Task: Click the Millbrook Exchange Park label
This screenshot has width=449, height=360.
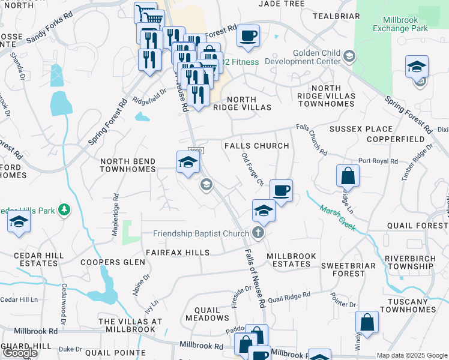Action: [400, 23]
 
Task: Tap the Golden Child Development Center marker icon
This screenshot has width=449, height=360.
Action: [350, 57]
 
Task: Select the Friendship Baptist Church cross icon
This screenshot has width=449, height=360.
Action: [259, 233]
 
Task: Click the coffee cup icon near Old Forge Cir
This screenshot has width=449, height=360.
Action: [281, 191]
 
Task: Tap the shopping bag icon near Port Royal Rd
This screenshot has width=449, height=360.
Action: [348, 176]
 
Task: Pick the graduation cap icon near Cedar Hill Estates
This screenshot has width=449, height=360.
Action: [19, 221]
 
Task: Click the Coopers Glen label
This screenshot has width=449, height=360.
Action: [113, 262]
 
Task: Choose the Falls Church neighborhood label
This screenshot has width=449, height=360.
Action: [256, 146]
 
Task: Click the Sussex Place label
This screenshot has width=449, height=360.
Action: [361, 129]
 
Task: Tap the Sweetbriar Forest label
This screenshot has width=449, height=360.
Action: [343, 269]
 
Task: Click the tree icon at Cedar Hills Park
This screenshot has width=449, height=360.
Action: [63, 211]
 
